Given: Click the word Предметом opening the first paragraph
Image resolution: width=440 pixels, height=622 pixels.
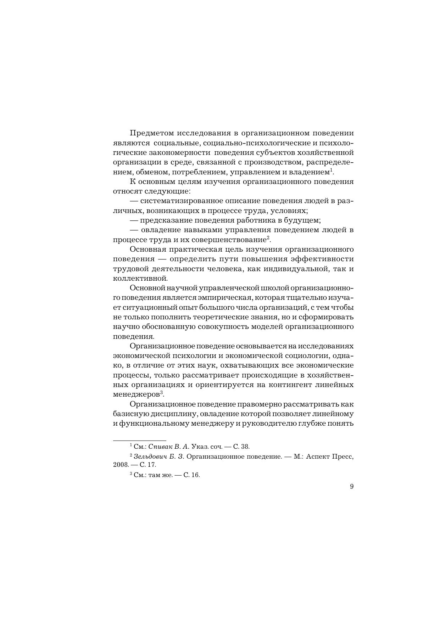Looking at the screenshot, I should (x=151, y=133).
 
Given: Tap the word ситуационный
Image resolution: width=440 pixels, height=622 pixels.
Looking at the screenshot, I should (x=148, y=307).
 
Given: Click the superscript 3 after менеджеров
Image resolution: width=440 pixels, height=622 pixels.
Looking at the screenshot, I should (x=161, y=392).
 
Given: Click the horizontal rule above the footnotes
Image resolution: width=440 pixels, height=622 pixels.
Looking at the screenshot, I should (x=139, y=440).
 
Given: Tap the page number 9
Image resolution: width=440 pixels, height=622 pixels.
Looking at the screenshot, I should (x=351, y=487).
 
